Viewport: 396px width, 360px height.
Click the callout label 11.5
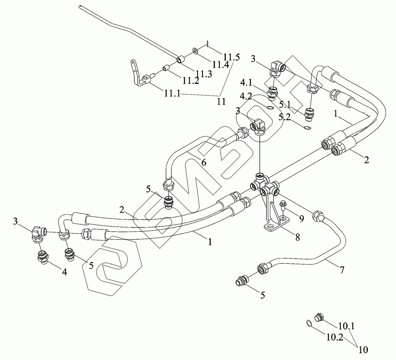[x=232, y=57]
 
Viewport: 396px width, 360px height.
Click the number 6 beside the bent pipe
[x=204, y=163]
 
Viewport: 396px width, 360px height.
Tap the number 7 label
[x=341, y=270]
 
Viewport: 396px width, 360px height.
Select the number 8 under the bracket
[x=296, y=238]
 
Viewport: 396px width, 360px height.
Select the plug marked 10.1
[x=319, y=317]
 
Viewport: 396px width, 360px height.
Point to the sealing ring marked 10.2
[x=309, y=323]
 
